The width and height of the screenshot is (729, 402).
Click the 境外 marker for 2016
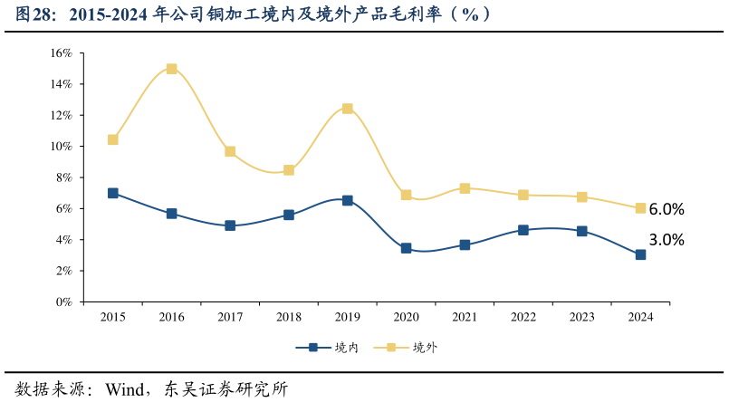171,69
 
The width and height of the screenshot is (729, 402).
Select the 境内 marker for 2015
113,193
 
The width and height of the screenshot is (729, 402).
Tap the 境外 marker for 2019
347,109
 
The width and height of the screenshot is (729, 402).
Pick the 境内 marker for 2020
406,248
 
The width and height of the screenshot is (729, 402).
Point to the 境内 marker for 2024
640,254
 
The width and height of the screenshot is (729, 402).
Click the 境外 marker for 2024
640,208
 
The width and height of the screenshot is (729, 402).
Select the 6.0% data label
667,209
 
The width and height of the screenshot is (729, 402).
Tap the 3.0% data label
667,240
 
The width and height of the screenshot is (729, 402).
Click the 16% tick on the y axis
62,53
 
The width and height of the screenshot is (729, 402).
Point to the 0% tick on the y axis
64,302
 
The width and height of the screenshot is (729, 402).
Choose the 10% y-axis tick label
62,147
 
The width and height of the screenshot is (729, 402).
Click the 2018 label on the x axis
288,317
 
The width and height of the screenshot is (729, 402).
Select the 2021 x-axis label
465,317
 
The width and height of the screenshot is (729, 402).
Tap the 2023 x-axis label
581,317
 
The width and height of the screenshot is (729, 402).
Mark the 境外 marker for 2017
230,151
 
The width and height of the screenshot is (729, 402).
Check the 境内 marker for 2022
523,230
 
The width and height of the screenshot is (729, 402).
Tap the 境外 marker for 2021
465,188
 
